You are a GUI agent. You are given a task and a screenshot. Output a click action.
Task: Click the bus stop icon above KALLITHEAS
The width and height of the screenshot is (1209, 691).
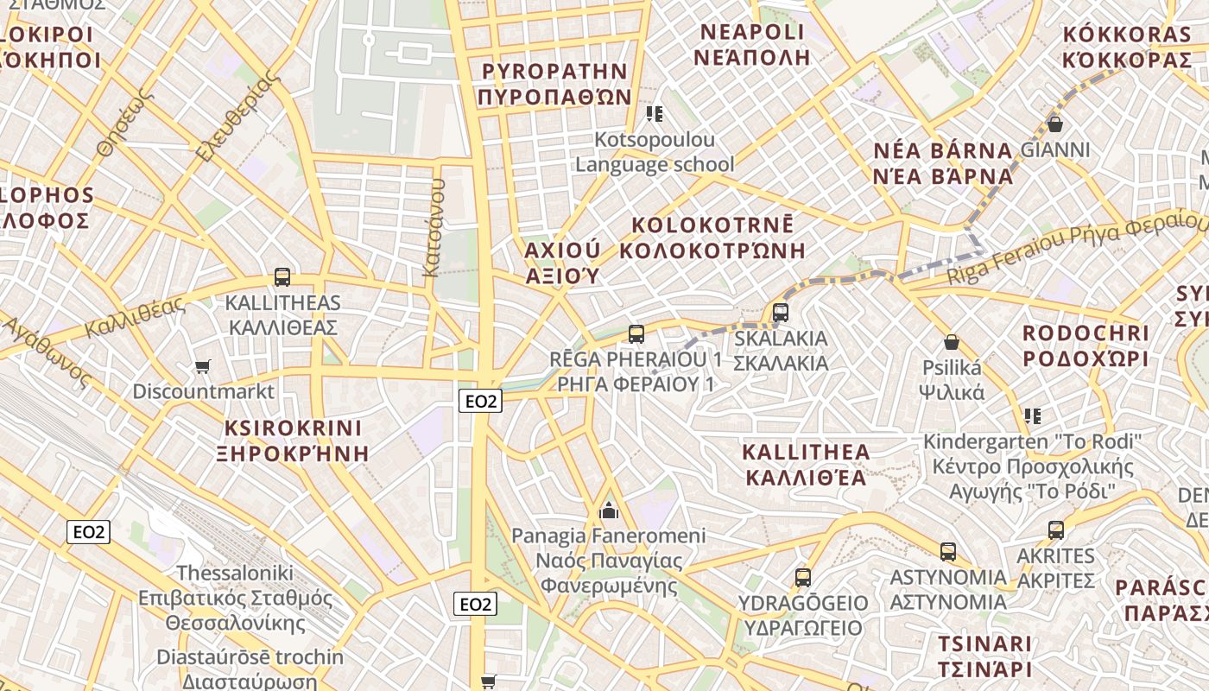(x=282, y=277)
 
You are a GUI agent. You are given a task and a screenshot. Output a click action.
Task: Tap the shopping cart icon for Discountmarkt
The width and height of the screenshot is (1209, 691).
(x=202, y=367)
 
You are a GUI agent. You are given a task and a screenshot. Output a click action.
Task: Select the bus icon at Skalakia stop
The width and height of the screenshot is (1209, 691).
(x=781, y=312)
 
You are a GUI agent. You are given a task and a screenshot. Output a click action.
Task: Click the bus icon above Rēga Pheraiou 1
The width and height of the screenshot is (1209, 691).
(x=636, y=333)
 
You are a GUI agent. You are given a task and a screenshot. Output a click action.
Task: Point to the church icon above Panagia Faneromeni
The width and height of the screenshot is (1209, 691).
(x=609, y=510)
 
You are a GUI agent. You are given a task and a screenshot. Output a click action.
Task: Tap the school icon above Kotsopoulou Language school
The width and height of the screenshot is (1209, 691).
(x=655, y=114)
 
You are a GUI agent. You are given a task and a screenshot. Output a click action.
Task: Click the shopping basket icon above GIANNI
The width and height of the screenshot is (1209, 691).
(x=1054, y=124)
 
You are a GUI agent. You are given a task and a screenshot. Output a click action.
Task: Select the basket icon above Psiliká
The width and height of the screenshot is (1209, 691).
(x=951, y=342)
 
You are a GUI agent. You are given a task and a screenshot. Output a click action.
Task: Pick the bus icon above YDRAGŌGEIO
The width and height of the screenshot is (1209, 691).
(x=803, y=577)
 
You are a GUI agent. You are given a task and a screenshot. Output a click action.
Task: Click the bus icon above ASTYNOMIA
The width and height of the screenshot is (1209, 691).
(x=947, y=551)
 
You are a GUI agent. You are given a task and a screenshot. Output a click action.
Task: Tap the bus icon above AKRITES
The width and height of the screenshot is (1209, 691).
(x=1055, y=530)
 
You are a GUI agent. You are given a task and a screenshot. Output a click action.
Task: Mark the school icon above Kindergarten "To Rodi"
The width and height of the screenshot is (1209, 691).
(x=1032, y=416)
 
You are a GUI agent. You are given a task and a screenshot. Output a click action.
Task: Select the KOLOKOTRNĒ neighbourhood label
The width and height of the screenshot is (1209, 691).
(x=712, y=225)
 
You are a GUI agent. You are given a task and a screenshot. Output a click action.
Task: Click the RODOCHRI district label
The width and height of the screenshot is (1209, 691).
(x=1086, y=333)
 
